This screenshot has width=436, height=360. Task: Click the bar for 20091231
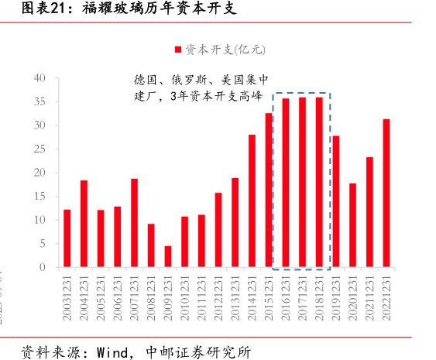tap(168, 257)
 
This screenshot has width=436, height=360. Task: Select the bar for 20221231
tap(386, 193)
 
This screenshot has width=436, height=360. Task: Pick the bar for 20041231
tap(84, 224)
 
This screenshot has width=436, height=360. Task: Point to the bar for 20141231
tap(252, 201)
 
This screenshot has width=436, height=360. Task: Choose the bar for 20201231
tap(353, 225)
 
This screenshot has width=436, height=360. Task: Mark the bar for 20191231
tap(336, 201)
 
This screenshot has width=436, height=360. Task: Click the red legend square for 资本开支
tap(179, 50)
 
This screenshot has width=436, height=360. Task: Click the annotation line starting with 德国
tap(201, 80)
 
